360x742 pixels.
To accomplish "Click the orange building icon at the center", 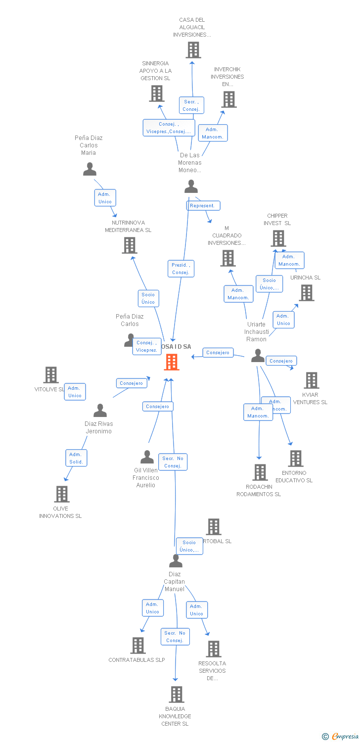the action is tap(172, 362).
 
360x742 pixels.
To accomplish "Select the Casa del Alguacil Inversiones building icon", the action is tap(193, 49).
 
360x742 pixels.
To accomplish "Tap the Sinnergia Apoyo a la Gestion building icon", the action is tap(156, 93).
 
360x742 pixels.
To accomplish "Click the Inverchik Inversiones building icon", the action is tap(228, 99).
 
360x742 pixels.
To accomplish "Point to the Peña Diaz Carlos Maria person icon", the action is tap(90, 169).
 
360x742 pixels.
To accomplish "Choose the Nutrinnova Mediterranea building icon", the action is tap(129, 245).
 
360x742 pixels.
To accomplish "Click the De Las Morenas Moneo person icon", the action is tap(191, 186).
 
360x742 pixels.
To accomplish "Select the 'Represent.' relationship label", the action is tap(203, 205).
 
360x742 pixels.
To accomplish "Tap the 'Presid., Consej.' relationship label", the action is tap(180, 269).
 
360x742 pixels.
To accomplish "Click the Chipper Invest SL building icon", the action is tap(278, 238).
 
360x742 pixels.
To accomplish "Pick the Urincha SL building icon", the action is tap(306, 293).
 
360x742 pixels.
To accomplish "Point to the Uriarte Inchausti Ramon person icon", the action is tap(258, 356).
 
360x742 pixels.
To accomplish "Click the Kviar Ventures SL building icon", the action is tap(311, 380).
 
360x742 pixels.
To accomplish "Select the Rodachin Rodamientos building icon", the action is tap(260, 472).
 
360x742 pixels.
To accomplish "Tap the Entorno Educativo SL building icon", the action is tap(295, 459).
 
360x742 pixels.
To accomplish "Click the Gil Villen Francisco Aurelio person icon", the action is tap(147, 457).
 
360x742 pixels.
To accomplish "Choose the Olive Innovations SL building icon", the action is tap(61, 494).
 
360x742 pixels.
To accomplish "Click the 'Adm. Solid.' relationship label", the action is tap(76, 458).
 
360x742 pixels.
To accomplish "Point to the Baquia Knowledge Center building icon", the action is tap(177, 695).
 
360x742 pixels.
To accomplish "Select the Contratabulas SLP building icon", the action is tap(137, 646).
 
